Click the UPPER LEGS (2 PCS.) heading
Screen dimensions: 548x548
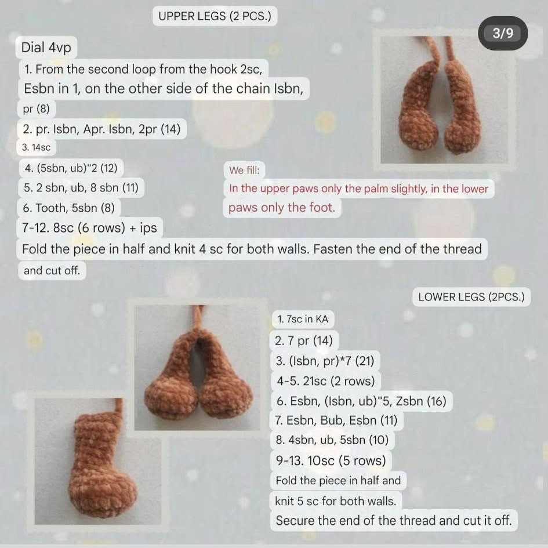click(215, 16)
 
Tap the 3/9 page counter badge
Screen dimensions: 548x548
click(503, 33)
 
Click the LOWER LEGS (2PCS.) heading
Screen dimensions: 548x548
click(471, 297)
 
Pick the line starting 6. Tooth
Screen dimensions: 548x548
click(72, 208)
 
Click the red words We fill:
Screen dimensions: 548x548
click(244, 170)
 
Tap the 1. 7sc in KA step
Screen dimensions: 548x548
click(303, 319)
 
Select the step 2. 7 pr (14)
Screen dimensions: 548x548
click(303, 340)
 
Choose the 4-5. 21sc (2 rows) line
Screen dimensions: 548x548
click(325, 381)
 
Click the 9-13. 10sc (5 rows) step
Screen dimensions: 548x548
click(331, 460)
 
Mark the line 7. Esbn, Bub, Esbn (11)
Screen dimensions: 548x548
click(336, 420)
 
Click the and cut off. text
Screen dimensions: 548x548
click(52, 270)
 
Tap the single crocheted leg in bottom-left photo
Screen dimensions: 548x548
click(99, 464)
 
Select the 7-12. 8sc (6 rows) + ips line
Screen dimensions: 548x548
click(89, 228)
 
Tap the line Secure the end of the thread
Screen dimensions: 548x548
click(394, 520)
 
